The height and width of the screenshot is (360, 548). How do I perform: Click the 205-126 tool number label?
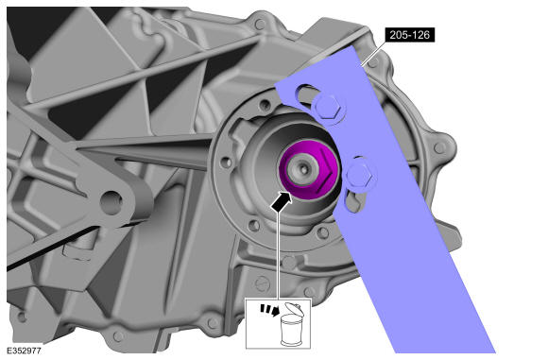coord(410,35)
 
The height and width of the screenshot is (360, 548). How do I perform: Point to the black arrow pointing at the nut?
coord(282,201)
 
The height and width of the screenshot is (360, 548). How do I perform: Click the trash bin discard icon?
coord(291,325)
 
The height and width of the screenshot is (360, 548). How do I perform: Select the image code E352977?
coord(25,351)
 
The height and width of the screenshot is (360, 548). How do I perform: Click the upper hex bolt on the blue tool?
coord(328,106)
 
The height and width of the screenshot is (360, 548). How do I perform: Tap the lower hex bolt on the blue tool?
coord(359,175)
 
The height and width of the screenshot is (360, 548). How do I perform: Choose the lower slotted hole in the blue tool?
coord(353,202)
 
